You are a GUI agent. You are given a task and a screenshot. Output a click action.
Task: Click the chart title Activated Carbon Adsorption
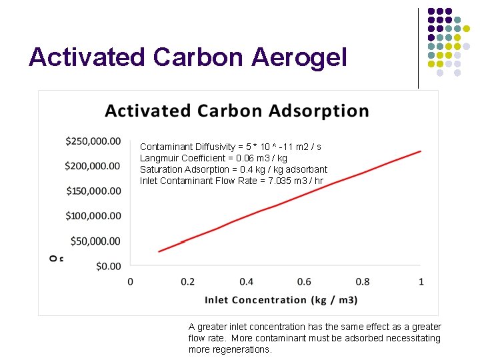(x=237, y=111)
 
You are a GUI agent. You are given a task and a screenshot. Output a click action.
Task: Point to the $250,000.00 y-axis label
(x=93, y=141)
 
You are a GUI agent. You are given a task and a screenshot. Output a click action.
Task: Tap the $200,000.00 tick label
(x=93, y=166)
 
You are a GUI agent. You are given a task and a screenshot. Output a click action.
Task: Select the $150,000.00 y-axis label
(x=93, y=191)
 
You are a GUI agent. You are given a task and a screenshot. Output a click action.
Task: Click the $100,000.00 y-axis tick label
(x=93, y=216)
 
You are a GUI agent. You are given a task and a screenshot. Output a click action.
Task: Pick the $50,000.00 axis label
(x=95, y=241)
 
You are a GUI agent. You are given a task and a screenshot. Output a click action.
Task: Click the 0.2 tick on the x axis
(x=189, y=282)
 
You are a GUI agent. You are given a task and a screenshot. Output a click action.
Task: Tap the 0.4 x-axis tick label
(x=247, y=282)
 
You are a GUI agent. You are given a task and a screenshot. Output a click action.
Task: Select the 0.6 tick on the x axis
(x=305, y=282)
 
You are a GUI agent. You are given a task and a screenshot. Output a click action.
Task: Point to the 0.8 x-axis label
(x=363, y=282)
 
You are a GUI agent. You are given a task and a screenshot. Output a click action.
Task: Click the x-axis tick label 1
(x=421, y=282)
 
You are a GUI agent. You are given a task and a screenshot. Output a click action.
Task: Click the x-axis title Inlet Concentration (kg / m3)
(x=281, y=300)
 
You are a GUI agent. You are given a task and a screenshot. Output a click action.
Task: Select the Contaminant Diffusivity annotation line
(x=231, y=147)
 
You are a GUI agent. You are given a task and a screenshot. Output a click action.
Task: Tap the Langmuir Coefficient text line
(x=213, y=158)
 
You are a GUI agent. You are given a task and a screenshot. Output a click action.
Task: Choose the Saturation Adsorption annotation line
(x=233, y=169)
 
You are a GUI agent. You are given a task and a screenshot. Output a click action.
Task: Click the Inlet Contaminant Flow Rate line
(x=231, y=181)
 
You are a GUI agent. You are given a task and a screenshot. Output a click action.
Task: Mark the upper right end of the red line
(x=421, y=151)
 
